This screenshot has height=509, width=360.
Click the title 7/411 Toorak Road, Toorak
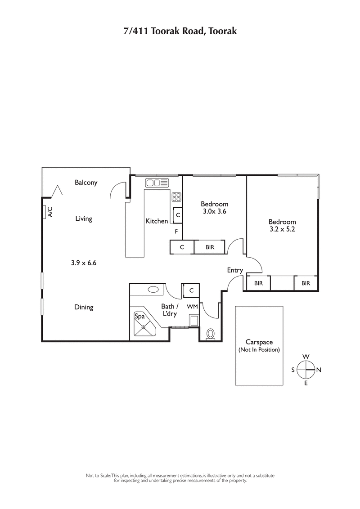tap(180, 31)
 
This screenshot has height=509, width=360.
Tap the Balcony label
tap(86, 183)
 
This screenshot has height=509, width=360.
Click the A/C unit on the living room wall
tap(45, 212)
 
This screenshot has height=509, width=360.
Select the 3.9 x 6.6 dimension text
tap(84, 263)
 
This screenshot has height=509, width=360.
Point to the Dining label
tap(84, 308)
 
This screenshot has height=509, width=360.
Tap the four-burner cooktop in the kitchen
tap(176, 197)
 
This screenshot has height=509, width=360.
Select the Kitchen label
tap(157, 221)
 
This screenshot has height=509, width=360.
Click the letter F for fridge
tap(176, 232)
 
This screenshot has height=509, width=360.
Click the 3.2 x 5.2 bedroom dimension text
tap(282, 229)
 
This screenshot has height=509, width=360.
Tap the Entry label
tap(235, 271)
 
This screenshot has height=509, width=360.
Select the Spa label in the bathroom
tap(139, 317)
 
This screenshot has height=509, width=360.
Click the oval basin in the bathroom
tap(153, 290)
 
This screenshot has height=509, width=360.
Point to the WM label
tap(192, 307)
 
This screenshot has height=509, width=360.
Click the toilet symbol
tap(210, 334)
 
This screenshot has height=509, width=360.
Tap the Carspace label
tap(259, 342)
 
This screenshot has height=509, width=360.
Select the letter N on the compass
tap(319, 370)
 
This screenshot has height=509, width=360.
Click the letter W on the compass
tap(306, 357)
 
